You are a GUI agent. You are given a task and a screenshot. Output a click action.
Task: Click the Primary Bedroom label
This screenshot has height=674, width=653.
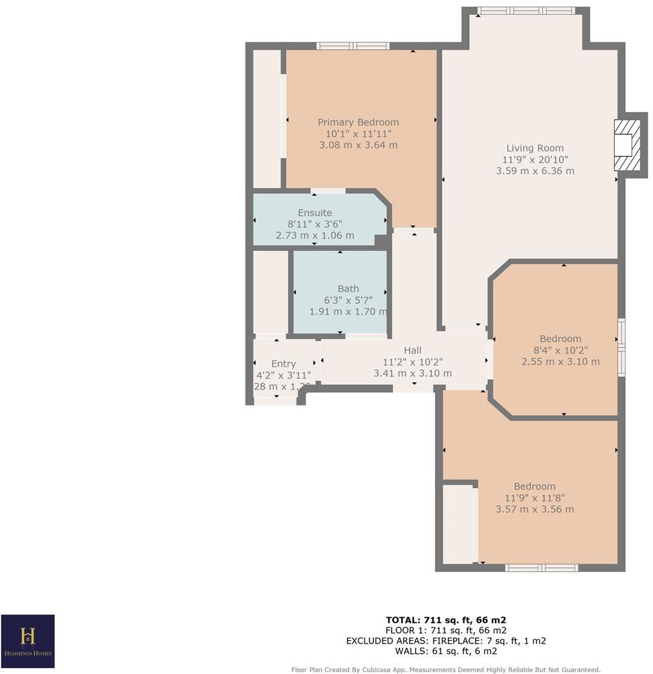pyautogui.click(x=358, y=122)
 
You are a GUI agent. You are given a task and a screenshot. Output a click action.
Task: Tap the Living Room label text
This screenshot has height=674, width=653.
pyautogui.click(x=535, y=148)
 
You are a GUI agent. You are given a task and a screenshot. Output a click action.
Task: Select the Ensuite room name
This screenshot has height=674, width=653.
pyautogui.click(x=315, y=213)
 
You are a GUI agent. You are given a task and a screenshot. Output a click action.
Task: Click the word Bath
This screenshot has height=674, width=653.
pyautogui.click(x=348, y=289)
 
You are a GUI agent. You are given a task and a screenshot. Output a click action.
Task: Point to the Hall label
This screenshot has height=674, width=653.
pyautogui.click(x=412, y=351)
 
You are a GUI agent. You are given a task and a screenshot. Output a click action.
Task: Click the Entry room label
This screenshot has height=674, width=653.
pyautogui.click(x=283, y=364)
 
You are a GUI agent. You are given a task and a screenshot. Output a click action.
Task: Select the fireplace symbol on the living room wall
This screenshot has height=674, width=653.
pyautogui.click(x=626, y=145)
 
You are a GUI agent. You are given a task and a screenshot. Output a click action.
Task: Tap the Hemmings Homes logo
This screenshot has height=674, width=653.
pyautogui.click(x=28, y=641)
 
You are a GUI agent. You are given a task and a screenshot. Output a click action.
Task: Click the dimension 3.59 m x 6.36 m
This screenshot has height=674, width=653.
pyautogui.click(x=535, y=171)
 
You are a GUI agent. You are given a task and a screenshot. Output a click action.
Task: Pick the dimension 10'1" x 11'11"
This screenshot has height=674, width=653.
pyautogui.click(x=358, y=134)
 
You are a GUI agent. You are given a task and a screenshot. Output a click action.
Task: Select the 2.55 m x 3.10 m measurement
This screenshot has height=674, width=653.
pyautogui.click(x=560, y=362)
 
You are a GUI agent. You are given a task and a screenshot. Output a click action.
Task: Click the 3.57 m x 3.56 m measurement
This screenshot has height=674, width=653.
pyautogui.click(x=535, y=509)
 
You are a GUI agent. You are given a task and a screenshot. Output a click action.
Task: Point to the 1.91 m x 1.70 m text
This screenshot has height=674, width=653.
pyautogui.click(x=348, y=312)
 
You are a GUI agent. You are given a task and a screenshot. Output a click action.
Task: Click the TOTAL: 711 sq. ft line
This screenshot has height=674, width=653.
pyautogui.click(x=446, y=619)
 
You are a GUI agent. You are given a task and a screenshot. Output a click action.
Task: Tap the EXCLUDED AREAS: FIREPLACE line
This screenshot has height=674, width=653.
pyautogui.click(x=446, y=641)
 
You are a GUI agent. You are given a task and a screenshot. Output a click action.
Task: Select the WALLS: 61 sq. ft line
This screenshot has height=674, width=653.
pyautogui.click(x=446, y=651)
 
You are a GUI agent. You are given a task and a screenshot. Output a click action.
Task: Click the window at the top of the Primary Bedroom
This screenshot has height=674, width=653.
pyautogui.click(x=353, y=46)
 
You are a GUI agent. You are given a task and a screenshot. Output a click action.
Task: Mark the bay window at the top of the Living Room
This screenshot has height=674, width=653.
pyautogui.click(x=526, y=11)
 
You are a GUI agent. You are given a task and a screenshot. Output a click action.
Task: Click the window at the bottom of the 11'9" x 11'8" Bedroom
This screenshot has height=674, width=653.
pyautogui.click(x=541, y=568)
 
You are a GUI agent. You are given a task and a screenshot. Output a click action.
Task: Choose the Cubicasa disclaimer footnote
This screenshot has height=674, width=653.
pyautogui.click(x=446, y=669)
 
